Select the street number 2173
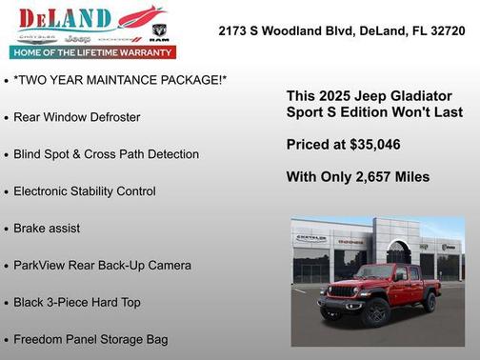coord(234,30)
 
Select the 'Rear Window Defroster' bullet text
coord(76,117)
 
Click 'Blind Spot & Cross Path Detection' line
coord(106,154)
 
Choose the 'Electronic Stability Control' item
coord(84,191)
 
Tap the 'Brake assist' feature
coord(47,229)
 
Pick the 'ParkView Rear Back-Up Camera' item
coord(102,266)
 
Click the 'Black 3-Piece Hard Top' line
coord(76,303)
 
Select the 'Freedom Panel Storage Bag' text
coord(90,339)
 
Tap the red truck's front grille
coord(345,291)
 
